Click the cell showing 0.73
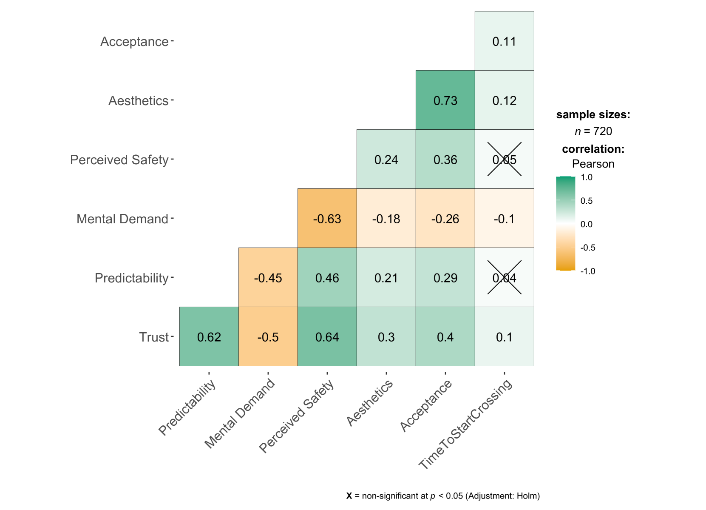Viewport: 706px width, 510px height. click(445, 100)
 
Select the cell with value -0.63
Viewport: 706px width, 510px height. click(327, 219)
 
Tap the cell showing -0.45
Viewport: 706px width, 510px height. click(268, 278)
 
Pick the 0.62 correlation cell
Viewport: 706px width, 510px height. click(209, 337)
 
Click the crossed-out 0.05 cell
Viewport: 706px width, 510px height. click(504, 160)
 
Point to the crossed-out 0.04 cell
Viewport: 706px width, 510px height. click(504, 278)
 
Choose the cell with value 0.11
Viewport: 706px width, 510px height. click(504, 41)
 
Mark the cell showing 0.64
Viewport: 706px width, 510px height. click(327, 337)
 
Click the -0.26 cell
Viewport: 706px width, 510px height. click(445, 219)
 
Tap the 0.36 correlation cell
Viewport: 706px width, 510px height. click(445, 160)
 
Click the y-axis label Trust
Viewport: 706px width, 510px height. click(154, 337)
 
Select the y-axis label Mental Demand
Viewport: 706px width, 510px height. click(122, 219)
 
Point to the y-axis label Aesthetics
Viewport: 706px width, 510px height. click(139, 100)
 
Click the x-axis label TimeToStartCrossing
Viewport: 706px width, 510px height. click(466, 424)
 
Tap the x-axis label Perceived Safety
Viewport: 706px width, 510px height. click(297, 416)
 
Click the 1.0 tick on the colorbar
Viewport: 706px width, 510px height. click(587, 177)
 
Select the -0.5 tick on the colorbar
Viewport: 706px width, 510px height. click(588, 248)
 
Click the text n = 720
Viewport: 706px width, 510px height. click(593, 131)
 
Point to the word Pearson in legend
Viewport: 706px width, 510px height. click(593, 164)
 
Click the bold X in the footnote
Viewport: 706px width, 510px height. click(349, 496)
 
